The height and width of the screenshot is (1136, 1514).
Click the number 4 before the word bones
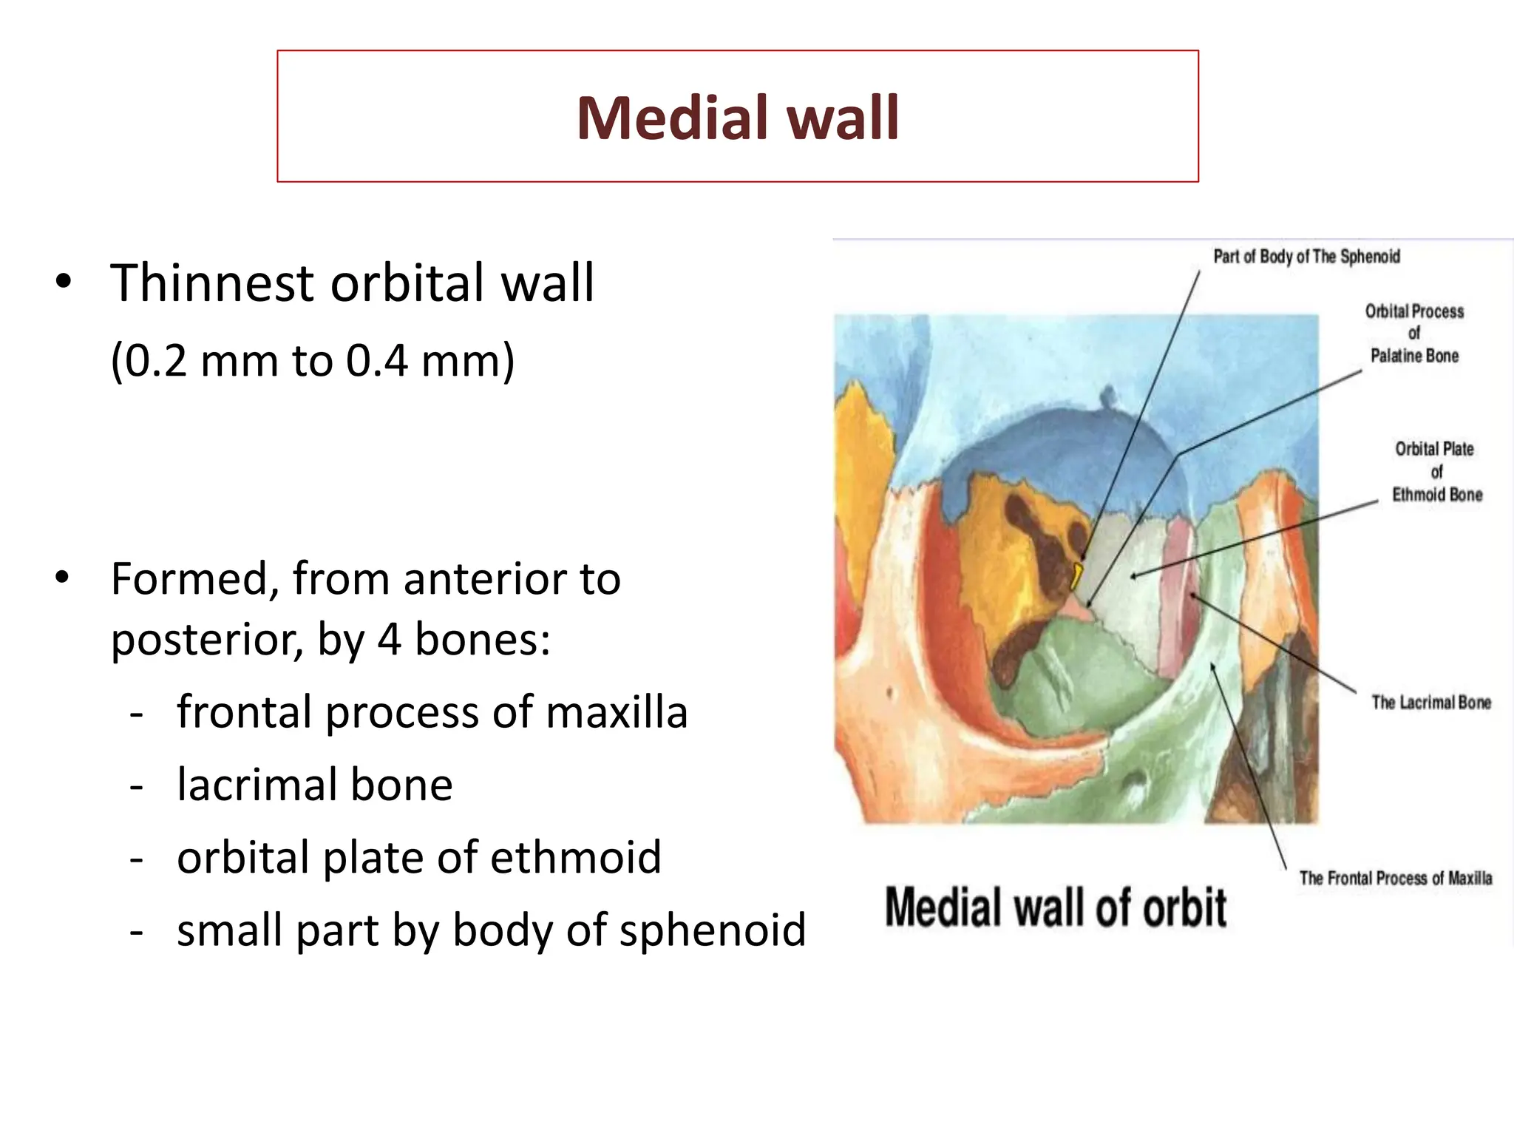point(390,639)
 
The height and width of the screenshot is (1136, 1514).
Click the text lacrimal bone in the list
point(314,785)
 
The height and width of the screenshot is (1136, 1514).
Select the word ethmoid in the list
point(576,857)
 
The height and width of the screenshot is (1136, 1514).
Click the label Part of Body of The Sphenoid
point(1306,257)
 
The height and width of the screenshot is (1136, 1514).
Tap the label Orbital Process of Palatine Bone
point(1413,334)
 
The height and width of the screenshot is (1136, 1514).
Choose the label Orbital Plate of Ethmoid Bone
point(1436,472)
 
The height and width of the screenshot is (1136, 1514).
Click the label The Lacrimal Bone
point(1431,703)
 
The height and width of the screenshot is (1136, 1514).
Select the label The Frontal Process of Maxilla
point(1395,878)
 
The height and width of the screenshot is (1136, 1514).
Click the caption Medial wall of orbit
point(1056,907)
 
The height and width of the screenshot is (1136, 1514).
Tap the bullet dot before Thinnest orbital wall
point(64,282)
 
